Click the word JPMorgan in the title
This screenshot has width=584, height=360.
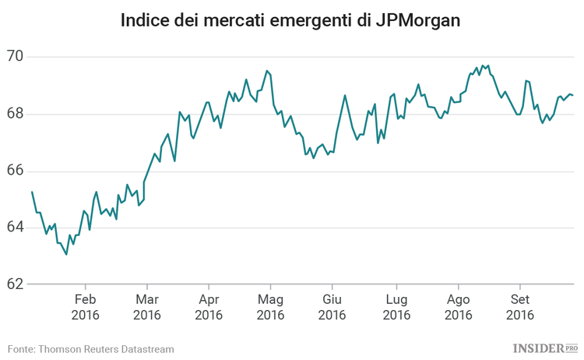click(x=417, y=19)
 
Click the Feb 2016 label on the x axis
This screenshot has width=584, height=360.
click(x=85, y=307)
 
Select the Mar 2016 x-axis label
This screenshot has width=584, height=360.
click(x=146, y=307)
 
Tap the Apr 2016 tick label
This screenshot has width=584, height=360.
click(x=208, y=307)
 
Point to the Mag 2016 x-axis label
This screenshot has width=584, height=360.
click(x=269, y=307)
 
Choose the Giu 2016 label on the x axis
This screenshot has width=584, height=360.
click(x=332, y=307)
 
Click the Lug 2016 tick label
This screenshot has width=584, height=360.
click(x=396, y=307)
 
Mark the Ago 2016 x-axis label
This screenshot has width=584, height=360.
click(x=458, y=307)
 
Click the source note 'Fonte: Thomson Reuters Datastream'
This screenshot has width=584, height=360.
click(x=91, y=348)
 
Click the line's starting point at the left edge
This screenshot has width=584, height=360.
click(x=32, y=192)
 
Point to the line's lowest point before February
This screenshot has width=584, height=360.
click(x=66, y=254)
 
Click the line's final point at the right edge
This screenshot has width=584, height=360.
click(x=573, y=95)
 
